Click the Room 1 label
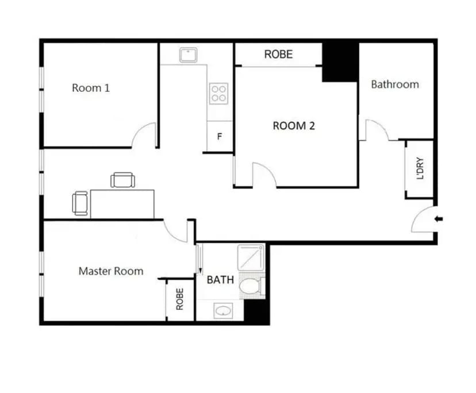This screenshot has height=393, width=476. tap(91, 88)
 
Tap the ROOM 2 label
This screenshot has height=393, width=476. tap(294, 125)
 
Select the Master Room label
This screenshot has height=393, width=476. tap(111, 271)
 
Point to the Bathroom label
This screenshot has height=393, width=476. tap(395, 84)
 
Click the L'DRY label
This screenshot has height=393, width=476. tap(420, 169)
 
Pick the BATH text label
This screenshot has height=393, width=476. tap(220, 280)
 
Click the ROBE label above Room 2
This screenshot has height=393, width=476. tap(278, 55)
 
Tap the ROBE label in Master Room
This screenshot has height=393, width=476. tap(180, 299)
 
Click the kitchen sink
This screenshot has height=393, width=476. tap(188, 55)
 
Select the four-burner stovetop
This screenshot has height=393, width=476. tap(218, 93)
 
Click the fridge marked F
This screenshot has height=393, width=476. tap(219, 137)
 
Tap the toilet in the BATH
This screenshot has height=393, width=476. tap(249, 286)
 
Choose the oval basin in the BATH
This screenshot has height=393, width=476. tap(222, 311)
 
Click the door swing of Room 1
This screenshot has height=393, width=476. tap(144, 136)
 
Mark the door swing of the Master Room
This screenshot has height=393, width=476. tap(175, 230)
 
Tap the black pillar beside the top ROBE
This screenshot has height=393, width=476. tap(340, 62)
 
